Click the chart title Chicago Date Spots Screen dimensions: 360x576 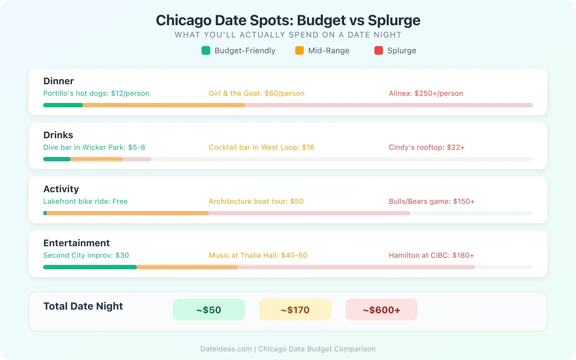(288, 20)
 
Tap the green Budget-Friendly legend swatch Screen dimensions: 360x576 (206, 50)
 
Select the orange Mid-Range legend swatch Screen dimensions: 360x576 (300, 50)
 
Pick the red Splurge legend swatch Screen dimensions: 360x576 (379, 50)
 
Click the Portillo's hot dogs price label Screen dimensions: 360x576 (96, 93)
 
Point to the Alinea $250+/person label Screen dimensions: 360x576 (426, 93)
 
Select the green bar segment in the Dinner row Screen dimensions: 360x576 (63, 105)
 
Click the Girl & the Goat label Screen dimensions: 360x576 (256, 93)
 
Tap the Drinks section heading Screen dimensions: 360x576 (58, 135)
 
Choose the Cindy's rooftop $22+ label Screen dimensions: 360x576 (427, 147)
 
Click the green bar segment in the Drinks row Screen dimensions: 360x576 (57, 159)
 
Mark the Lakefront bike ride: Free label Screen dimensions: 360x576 (85, 201)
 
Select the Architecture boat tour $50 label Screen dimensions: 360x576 (256, 201)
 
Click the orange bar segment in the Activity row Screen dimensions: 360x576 (128, 213)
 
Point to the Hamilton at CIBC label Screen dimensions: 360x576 (431, 255)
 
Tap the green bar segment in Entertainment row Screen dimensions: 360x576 (90, 267)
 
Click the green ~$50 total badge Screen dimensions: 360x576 (209, 310)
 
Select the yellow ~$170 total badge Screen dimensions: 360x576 (295, 310)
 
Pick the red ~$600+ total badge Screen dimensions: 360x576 (382, 310)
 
